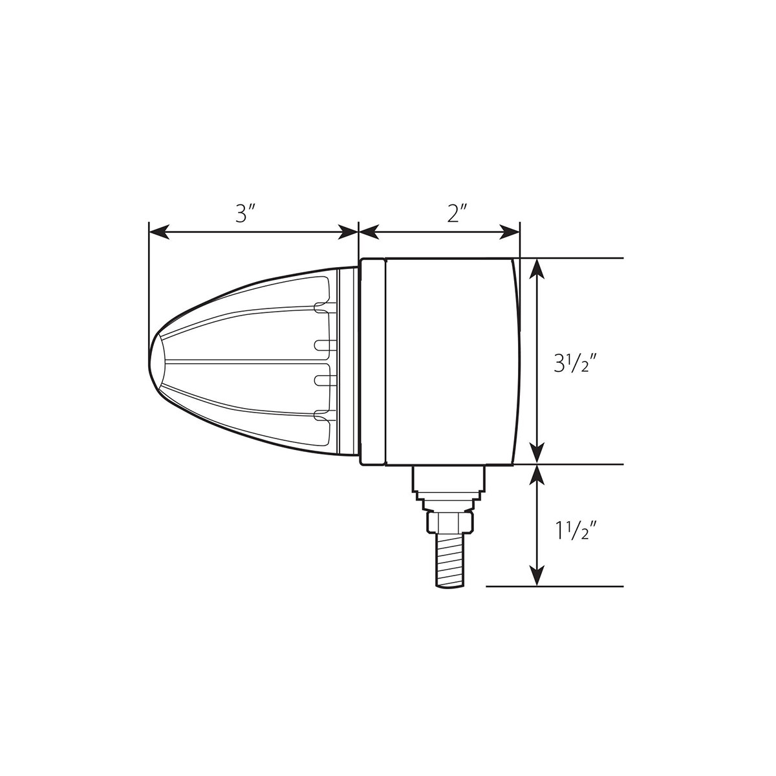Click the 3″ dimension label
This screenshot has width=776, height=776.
click(242, 213)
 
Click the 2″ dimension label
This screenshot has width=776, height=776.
click(457, 213)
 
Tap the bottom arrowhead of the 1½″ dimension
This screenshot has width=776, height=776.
click(536, 577)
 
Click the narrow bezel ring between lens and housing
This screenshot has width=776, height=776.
click(372, 361)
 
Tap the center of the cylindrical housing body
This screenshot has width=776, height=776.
click(450, 361)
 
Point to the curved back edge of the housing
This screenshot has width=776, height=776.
click(517, 361)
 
